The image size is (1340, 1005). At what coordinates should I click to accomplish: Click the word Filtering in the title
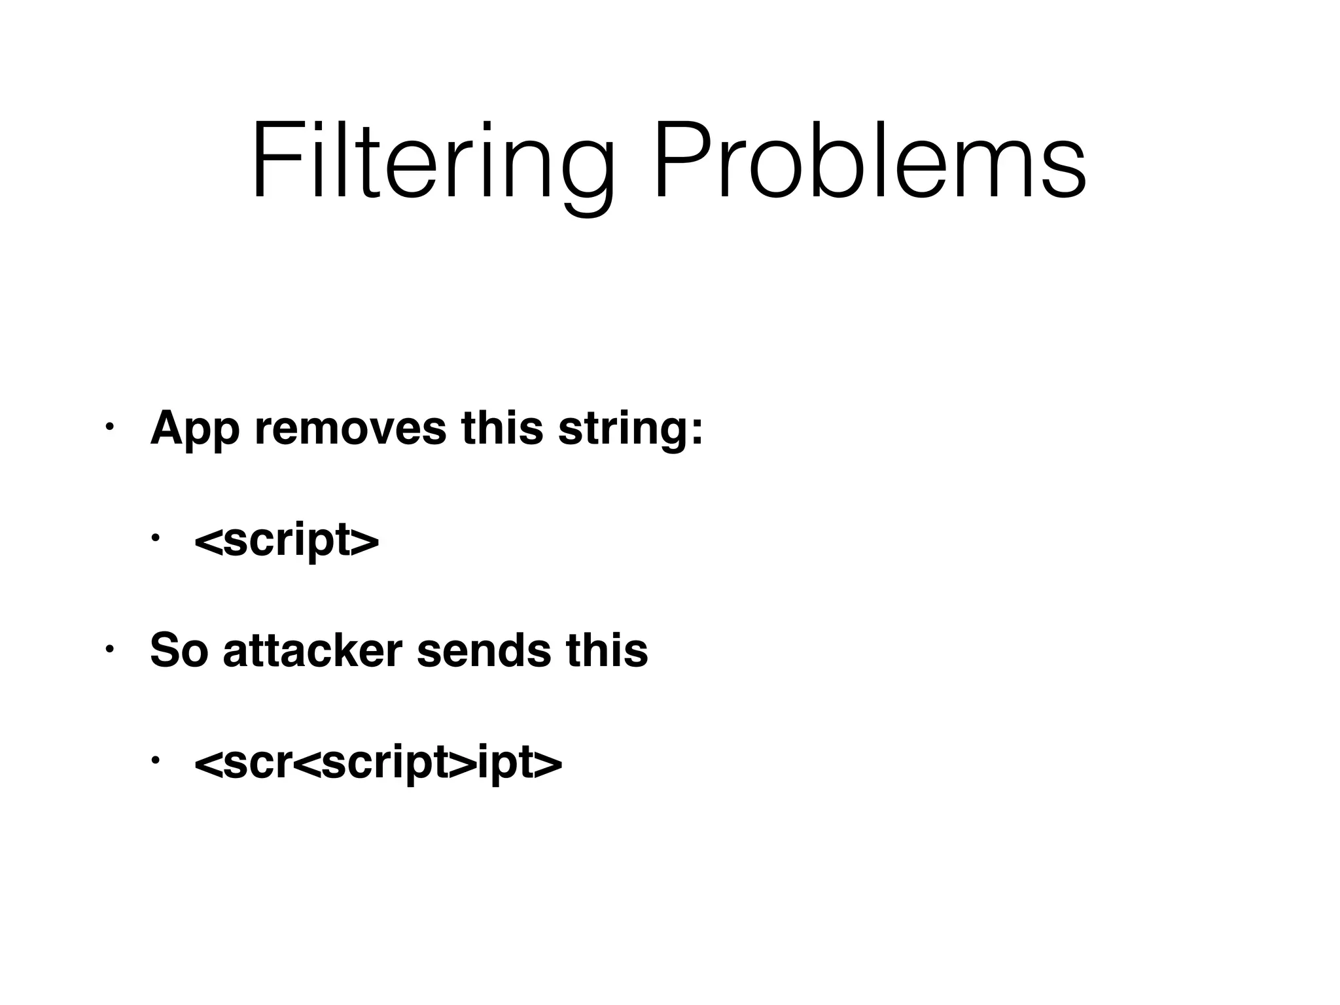click(432, 160)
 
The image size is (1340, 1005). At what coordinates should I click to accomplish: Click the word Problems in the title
click(870, 160)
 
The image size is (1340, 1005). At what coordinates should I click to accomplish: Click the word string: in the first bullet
click(629, 429)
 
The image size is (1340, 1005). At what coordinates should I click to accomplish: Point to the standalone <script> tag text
click(287, 539)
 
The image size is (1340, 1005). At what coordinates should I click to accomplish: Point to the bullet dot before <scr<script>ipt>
click(154, 760)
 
